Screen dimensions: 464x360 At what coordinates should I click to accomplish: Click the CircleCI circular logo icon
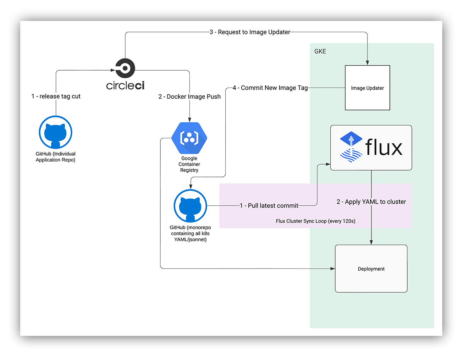125,68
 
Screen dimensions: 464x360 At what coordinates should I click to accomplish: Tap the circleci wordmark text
125,85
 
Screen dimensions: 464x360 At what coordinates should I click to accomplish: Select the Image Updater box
367,88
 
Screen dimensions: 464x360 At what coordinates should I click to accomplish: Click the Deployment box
371,268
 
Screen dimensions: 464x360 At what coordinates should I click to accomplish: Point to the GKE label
320,51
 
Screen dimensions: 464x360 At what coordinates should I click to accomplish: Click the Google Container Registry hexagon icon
189,138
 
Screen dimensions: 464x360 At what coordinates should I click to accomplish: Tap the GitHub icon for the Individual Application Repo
55,132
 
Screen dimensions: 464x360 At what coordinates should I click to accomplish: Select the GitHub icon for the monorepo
190,206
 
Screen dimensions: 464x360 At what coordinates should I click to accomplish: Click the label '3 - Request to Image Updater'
250,32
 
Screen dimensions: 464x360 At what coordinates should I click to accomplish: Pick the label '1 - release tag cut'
56,96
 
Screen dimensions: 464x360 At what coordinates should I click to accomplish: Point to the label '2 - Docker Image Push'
189,96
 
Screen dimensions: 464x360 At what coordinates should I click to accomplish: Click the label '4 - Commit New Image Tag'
270,88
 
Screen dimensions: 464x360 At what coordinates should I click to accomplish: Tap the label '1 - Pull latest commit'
269,205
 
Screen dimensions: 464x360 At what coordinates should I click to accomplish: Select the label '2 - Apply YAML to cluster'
371,202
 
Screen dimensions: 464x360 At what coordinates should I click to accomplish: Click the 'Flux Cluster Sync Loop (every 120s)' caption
315,221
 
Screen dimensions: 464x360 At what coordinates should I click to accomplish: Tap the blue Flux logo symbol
351,147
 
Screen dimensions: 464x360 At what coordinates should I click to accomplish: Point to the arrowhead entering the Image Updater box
367,63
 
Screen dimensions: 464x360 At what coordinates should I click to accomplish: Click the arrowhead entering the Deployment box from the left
332,268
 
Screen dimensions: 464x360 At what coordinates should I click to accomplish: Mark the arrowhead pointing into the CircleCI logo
113,70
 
